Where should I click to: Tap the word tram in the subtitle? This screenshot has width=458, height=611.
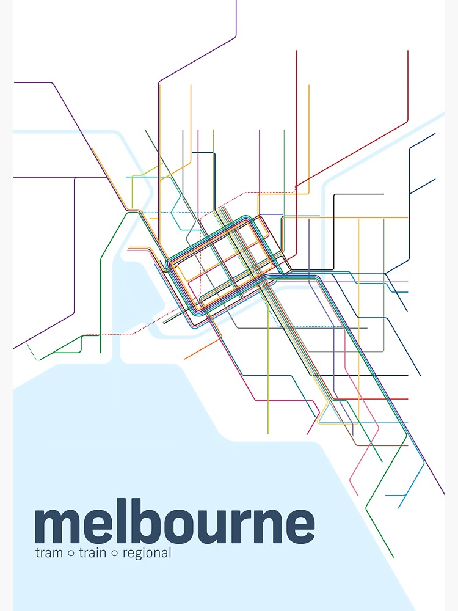48,554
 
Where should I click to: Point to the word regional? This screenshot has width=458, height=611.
147,554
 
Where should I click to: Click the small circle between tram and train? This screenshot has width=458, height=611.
70,554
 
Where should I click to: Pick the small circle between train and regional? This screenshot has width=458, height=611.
114,554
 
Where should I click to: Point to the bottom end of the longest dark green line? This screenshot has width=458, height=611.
393,557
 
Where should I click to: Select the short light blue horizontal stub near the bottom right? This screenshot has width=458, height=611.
396,496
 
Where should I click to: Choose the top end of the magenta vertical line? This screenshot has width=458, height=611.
260,130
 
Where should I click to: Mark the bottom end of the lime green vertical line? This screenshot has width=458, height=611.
267,434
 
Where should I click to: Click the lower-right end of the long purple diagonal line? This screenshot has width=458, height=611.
444,494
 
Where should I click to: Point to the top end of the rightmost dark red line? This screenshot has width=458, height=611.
407,51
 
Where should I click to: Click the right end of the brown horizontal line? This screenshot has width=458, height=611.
407,437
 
